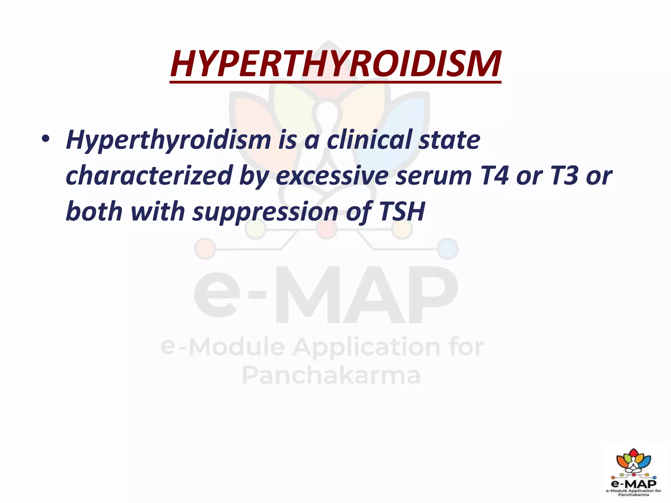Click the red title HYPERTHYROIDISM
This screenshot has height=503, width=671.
335,64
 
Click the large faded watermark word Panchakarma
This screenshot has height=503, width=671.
331,375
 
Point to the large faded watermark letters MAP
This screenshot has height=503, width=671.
367,295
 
